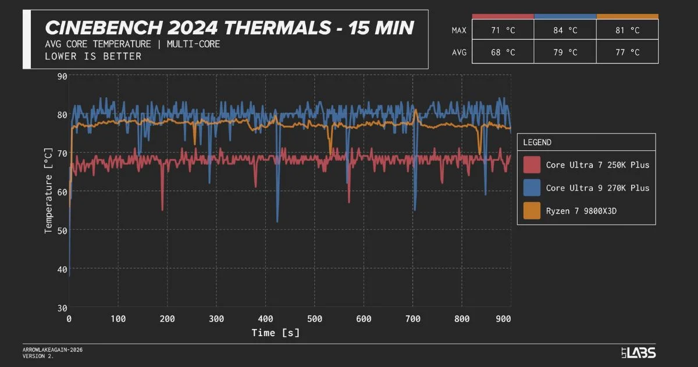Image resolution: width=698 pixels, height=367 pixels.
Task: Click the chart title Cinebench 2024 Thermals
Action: coord(229,27)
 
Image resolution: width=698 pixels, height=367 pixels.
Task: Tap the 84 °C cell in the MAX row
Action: coord(565,30)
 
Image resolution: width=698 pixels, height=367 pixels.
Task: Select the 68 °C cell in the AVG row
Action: coord(503,52)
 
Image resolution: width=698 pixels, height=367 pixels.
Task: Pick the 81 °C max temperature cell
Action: coord(627,30)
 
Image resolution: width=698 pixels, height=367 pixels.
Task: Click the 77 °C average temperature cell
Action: coord(627,52)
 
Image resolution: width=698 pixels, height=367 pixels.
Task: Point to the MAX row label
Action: coord(459,30)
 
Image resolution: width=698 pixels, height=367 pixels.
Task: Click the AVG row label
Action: coord(459,52)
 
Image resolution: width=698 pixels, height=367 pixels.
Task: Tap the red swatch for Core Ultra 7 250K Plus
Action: coord(532,165)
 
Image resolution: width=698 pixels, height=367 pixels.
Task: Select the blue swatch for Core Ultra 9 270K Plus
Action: coord(532,188)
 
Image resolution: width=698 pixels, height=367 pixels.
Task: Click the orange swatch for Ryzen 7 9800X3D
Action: coord(532,211)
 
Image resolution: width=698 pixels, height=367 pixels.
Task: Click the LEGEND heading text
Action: coord(537,142)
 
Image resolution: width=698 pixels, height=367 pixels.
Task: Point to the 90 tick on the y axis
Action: coord(62,76)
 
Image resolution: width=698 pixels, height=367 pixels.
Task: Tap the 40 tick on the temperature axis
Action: coord(62,269)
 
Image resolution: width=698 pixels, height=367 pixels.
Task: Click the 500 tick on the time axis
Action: coord(314,319)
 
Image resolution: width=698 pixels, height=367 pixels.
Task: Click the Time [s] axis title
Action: coord(275,333)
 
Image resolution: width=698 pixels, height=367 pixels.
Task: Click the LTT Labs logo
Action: coord(638,352)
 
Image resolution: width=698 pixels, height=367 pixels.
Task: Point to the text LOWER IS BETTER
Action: coord(93,57)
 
